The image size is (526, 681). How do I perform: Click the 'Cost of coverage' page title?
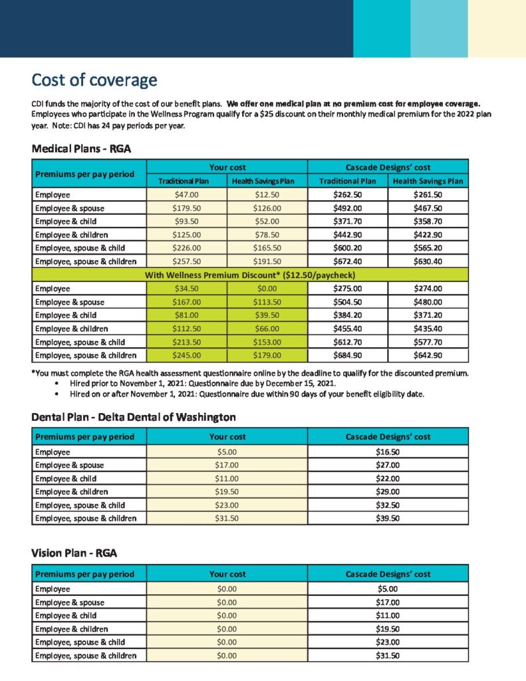(94, 80)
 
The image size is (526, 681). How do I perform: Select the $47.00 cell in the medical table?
(186, 195)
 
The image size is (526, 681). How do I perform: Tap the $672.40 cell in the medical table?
(347, 261)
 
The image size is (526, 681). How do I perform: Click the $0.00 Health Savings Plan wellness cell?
(267, 289)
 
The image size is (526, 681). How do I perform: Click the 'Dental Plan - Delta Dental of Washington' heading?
(134, 418)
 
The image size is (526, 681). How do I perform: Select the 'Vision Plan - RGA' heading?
(75, 553)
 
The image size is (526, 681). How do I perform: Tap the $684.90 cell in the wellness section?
(347, 355)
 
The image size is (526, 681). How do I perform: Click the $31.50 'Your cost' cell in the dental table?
(227, 518)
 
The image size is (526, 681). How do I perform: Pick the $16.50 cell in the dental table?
(387, 452)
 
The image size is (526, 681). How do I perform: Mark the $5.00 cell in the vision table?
(387, 589)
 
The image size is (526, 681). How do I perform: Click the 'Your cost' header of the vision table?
(227, 574)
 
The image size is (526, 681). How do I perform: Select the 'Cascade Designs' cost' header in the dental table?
(388, 437)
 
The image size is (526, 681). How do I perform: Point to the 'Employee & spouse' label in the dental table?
(69, 465)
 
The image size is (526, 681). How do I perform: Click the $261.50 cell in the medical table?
(428, 195)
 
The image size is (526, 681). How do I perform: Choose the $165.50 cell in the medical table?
(267, 248)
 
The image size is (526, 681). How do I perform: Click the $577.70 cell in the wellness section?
(428, 342)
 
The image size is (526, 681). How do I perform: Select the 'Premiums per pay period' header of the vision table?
(84, 574)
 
